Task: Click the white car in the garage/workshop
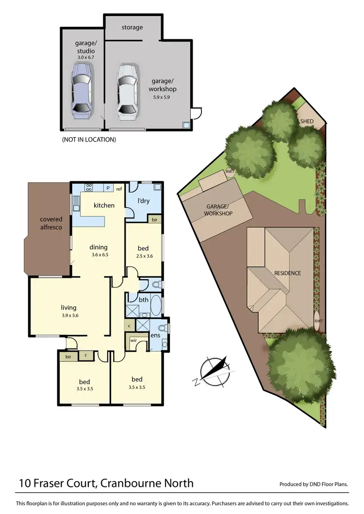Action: (127, 92)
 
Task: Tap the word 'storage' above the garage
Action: (132, 27)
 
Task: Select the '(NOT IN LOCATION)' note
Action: (89, 140)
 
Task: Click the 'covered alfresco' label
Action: (51, 223)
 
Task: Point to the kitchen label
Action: (104, 205)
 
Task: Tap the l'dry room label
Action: (143, 200)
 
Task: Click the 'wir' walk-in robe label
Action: (133, 340)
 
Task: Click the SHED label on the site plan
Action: (307, 121)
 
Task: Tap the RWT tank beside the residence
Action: (318, 321)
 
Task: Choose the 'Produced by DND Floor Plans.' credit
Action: (314, 484)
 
